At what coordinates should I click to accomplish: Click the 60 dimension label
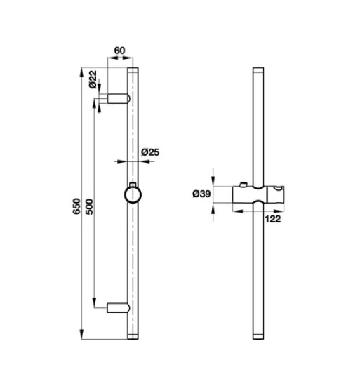(x=119, y=51)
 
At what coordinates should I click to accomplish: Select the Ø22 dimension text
(x=93, y=79)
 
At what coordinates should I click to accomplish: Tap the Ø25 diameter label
(x=150, y=152)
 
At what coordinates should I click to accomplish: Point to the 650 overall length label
(x=76, y=206)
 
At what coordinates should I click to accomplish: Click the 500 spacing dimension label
(x=89, y=206)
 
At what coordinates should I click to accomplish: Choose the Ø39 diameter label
(x=201, y=194)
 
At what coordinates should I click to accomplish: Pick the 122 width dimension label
(x=273, y=219)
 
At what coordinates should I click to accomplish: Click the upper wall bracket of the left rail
(x=119, y=99)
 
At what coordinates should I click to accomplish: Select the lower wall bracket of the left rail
(x=119, y=307)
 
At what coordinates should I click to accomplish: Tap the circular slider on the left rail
(x=133, y=195)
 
